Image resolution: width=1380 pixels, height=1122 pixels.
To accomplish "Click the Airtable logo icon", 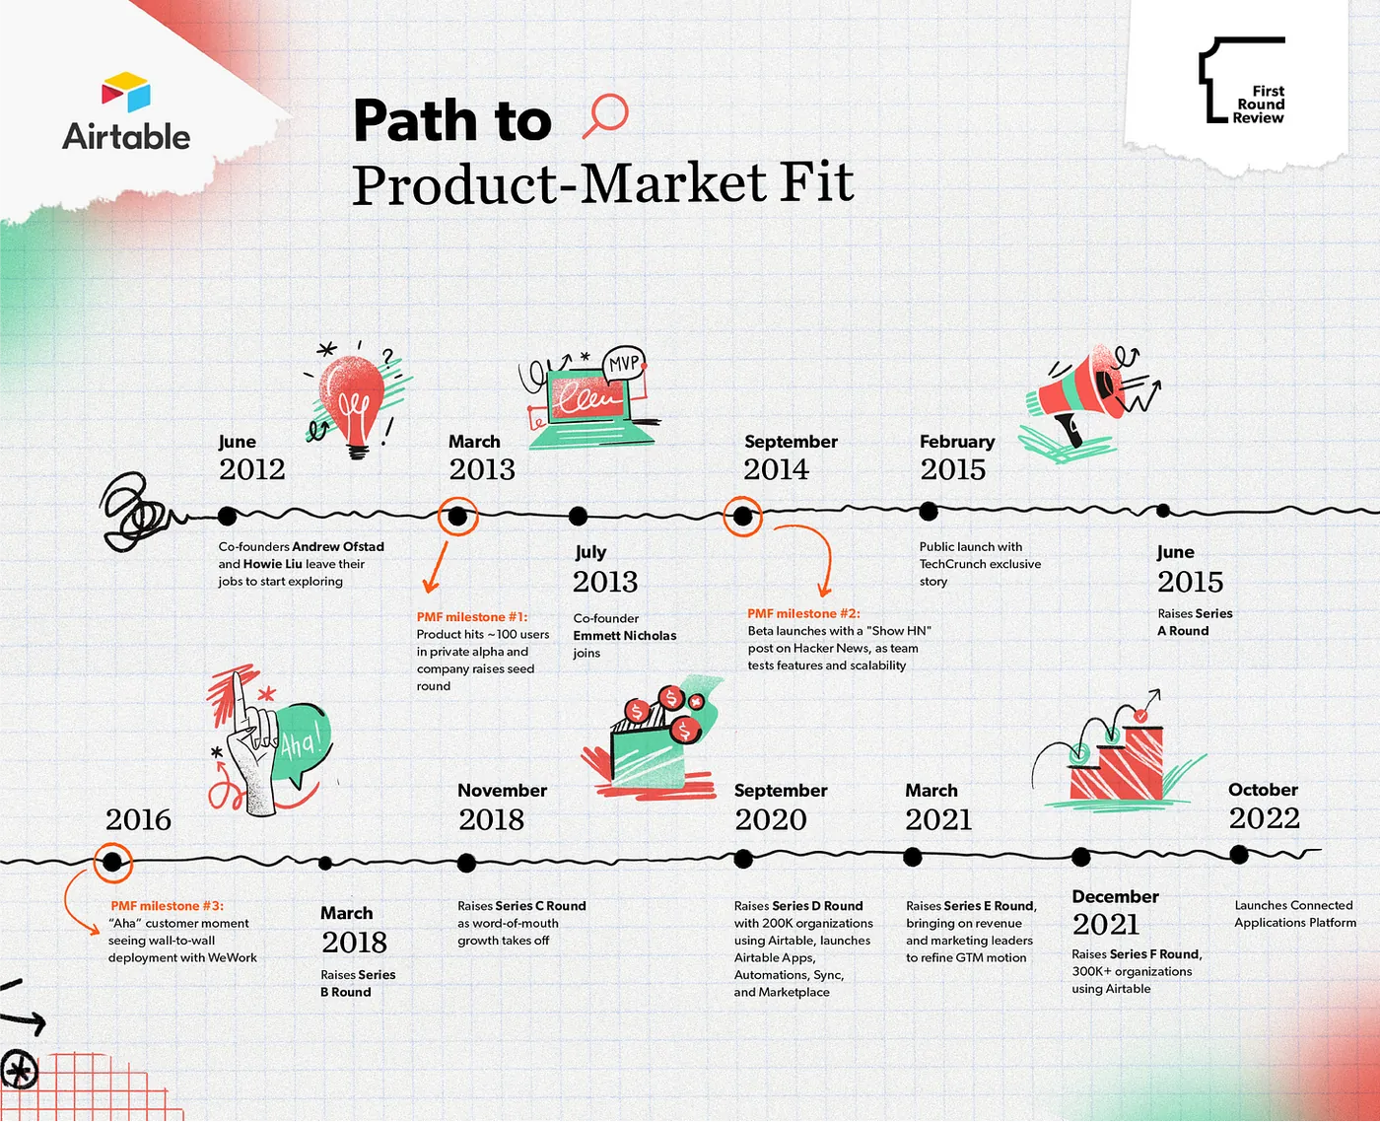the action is [x=126, y=92].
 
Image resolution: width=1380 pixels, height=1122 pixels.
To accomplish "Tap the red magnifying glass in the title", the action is [x=606, y=115].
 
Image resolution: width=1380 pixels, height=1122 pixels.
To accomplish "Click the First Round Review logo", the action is [x=1241, y=80].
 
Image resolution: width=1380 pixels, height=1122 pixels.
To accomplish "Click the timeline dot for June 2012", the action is [x=227, y=517].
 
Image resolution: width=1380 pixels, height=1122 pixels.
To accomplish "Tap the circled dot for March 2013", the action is [x=457, y=517].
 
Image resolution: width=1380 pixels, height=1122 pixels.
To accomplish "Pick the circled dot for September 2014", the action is [x=742, y=517].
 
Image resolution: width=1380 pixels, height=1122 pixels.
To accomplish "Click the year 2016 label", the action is [x=139, y=820].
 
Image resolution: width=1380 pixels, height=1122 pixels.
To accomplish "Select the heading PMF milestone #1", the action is [x=471, y=617].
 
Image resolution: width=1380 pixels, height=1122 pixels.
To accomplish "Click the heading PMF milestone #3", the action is [x=168, y=906].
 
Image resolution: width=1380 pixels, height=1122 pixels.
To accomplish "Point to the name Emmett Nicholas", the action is [x=625, y=636].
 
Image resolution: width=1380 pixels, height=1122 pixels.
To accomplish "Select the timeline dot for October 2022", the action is [x=1239, y=855].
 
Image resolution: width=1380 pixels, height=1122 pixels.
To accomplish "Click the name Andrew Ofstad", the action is [x=338, y=547].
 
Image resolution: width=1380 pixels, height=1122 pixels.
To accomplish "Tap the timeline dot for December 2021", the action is [x=1080, y=857].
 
